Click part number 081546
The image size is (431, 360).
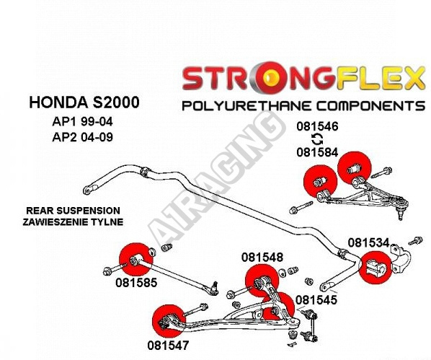click(x=317, y=126)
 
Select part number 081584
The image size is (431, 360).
click(x=317, y=152)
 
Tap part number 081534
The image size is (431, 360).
click(x=368, y=242)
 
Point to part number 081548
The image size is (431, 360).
click(x=262, y=258)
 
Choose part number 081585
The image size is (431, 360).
click(x=136, y=283)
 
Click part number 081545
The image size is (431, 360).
click(x=316, y=300)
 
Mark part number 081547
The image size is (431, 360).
click(x=168, y=346)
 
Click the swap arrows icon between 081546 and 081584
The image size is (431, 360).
click(x=317, y=139)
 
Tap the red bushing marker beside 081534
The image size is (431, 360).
click(x=376, y=267)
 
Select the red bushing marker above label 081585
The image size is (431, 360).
click(x=135, y=260)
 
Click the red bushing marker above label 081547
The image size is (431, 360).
click(x=169, y=321)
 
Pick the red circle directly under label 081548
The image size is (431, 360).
click(x=262, y=281)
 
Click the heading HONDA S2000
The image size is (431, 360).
click(x=84, y=102)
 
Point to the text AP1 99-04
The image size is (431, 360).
click(x=82, y=121)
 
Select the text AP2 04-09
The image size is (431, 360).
click(x=82, y=137)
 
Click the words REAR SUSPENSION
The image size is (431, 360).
click(x=73, y=211)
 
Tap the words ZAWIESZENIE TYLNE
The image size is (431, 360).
click(x=73, y=221)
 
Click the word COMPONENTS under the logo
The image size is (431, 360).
click(x=370, y=106)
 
